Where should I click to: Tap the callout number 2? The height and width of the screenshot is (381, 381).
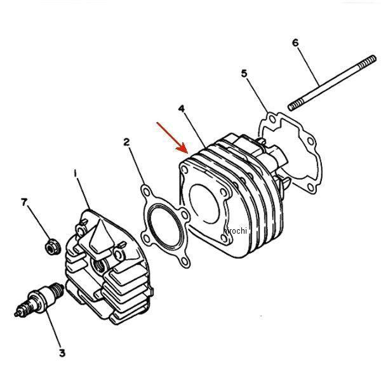tap(126, 142)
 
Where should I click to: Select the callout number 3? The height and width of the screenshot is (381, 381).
tap(62, 353)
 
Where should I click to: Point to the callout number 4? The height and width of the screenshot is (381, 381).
tap(181, 109)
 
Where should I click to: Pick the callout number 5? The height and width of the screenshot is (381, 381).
tap(244, 74)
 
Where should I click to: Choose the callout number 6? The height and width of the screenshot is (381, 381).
tap(295, 43)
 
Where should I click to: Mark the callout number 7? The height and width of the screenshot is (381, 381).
tap(24, 202)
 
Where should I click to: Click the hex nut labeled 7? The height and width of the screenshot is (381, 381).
tap(53, 246)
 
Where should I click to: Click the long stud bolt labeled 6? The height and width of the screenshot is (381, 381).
tap(332, 83)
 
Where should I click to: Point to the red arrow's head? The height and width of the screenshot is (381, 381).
tap(183, 149)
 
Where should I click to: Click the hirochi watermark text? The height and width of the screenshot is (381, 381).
tap(235, 231)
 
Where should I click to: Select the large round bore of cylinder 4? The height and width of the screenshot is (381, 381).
tap(204, 204)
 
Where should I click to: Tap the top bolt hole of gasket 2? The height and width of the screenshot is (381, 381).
tap(146, 192)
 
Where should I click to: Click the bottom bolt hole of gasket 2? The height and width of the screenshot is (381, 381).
tap(185, 261)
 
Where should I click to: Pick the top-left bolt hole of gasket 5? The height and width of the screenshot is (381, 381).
tap(272, 119)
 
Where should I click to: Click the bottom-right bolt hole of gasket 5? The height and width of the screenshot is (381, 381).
tap(311, 187)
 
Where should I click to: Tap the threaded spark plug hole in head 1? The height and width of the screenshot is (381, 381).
tap(99, 264)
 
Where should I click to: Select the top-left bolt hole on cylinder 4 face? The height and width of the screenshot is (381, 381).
tap(185, 170)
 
